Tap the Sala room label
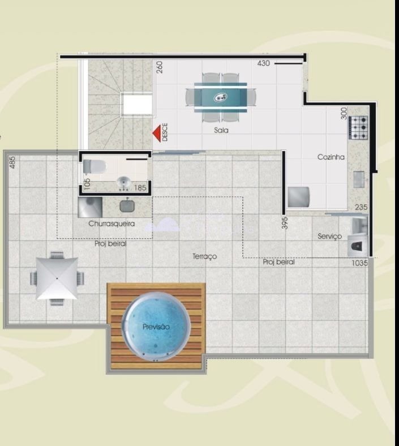click(x=221, y=130)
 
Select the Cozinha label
click(x=331, y=157)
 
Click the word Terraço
click(x=204, y=256)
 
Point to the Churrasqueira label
click(x=111, y=224)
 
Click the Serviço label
click(x=329, y=237)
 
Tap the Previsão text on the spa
click(x=156, y=327)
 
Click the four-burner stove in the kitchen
click(x=359, y=128)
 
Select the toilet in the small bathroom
click(x=94, y=166)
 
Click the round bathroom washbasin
click(x=124, y=182)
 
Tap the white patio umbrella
click(x=57, y=278)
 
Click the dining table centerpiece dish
click(x=220, y=97)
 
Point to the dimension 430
click(x=263, y=63)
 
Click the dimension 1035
click(x=359, y=263)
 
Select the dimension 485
click(x=12, y=162)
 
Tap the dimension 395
click(x=285, y=223)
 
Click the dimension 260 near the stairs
click(x=160, y=67)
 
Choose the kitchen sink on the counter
click(x=359, y=179)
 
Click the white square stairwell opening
click(x=138, y=104)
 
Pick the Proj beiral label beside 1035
click(x=278, y=262)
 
